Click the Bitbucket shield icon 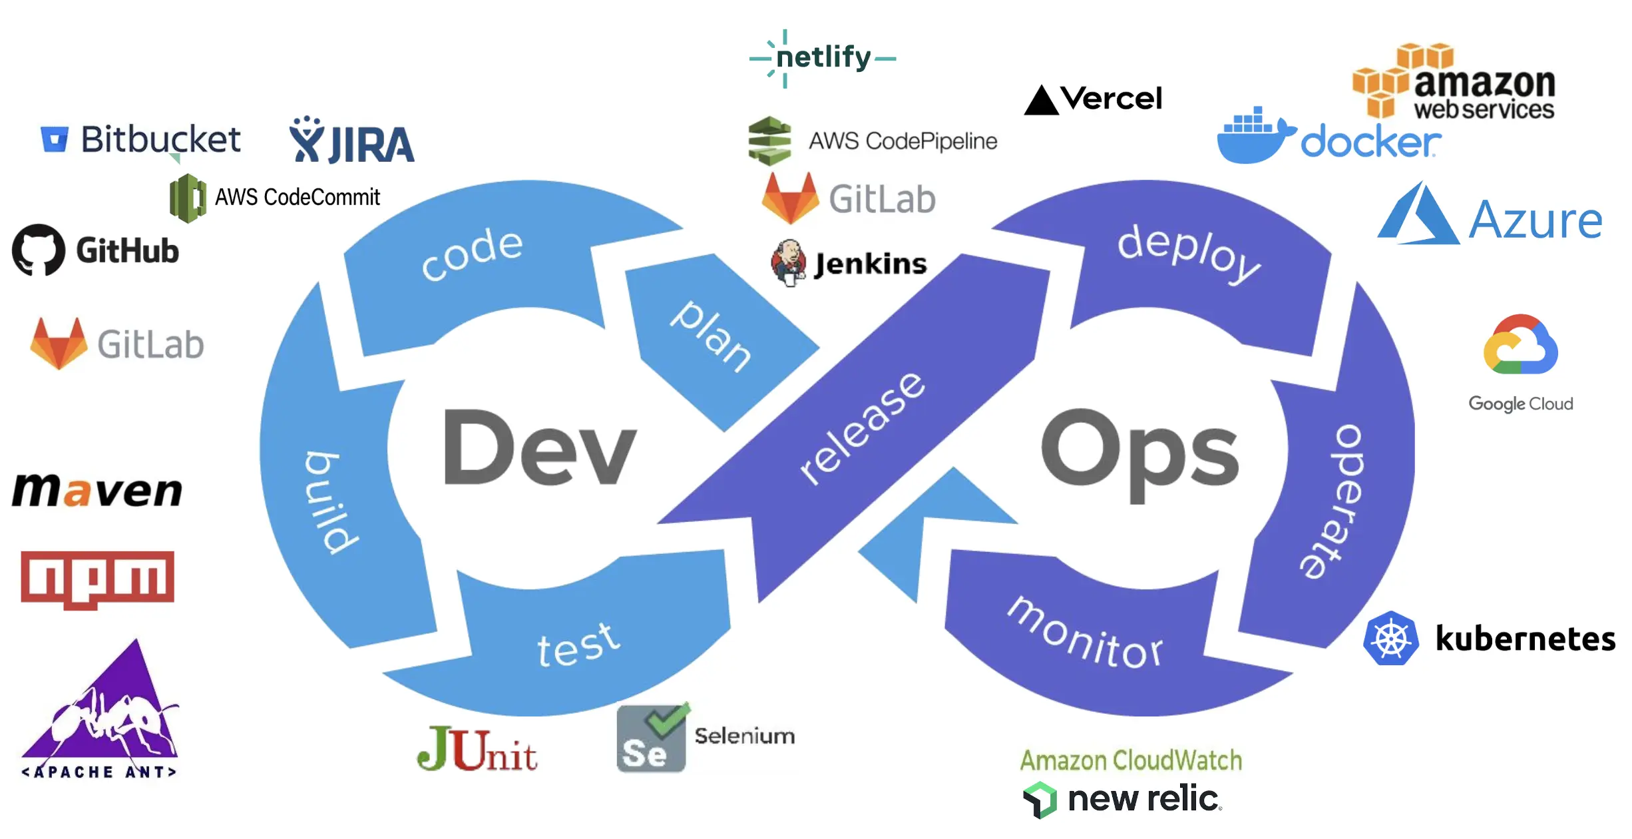(x=55, y=139)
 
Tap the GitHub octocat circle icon (x=39, y=250)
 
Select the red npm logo (x=97, y=578)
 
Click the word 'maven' (x=97, y=491)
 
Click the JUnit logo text (x=477, y=750)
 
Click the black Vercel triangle (x=1041, y=101)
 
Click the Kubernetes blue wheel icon (x=1391, y=639)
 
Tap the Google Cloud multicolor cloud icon (x=1520, y=346)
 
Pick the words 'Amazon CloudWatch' (x=1131, y=760)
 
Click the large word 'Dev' (x=539, y=448)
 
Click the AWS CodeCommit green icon (x=187, y=198)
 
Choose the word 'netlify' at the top (x=823, y=57)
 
